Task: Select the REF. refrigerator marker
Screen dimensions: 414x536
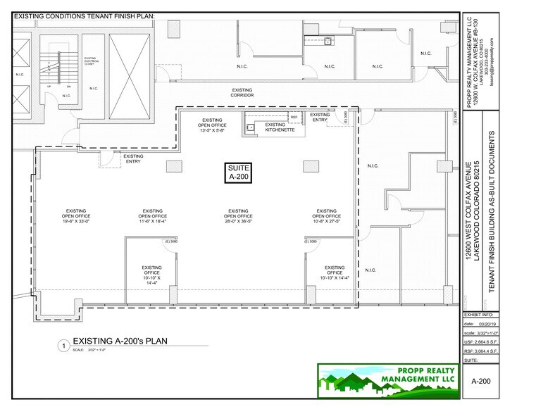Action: [294, 117]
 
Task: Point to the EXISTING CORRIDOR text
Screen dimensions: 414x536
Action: [242, 92]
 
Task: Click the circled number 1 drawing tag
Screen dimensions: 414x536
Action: [63, 346]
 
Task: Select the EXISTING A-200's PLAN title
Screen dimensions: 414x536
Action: [120, 341]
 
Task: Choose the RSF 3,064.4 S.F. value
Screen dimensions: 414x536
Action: [481, 350]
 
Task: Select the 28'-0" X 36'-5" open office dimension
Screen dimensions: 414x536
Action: [237, 221]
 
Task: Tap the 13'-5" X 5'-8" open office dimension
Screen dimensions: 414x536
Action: [211, 130]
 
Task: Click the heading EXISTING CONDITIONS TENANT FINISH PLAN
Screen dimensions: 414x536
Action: [85, 15]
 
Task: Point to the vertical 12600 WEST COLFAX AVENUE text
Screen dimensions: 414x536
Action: [469, 211]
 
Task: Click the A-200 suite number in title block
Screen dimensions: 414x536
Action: [480, 380]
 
